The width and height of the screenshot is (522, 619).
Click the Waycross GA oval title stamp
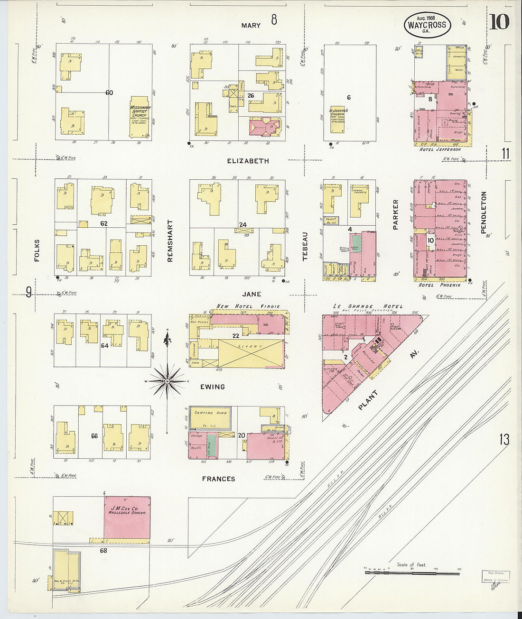tap(427, 24)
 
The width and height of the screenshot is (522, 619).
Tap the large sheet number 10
tap(499, 22)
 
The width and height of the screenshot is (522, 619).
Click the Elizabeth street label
tap(248, 161)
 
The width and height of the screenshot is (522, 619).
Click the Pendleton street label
tap(484, 212)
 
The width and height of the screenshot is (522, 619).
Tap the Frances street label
tap(218, 479)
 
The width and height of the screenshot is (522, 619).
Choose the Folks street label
tap(37, 250)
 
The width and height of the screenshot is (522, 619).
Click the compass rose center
tap(167, 381)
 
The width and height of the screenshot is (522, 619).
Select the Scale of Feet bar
tap(412, 573)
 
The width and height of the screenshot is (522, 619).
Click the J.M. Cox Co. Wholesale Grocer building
tap(127, 517)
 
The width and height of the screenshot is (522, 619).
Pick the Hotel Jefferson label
tap(440, 149)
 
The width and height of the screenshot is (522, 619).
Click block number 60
tap(109, 92)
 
